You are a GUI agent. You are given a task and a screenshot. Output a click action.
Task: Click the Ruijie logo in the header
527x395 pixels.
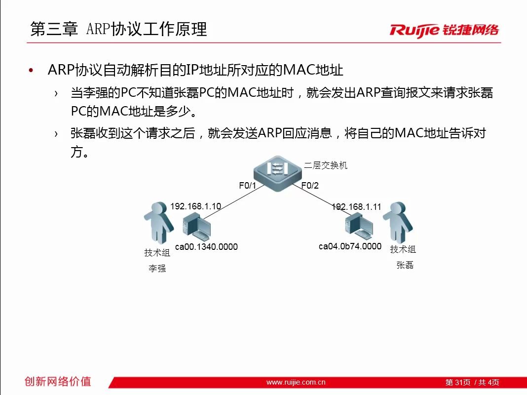click(444, 30)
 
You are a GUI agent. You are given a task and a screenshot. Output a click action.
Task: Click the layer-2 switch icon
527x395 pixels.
click(278, 173)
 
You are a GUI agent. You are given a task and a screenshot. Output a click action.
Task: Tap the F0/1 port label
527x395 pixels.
click(247, 186)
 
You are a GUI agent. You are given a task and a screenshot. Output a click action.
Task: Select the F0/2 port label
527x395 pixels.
click(310, 186)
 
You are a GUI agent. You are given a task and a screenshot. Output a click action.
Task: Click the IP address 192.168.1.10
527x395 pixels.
click(195, 206)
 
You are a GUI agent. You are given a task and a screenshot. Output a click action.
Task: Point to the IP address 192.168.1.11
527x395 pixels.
click(356, 207)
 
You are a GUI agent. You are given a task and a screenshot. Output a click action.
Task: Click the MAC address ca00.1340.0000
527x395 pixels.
click(206, 247)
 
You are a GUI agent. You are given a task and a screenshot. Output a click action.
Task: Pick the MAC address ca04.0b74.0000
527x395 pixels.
click(350, 246)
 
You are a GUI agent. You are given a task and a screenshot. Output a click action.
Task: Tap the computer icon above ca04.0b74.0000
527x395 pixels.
click(359, 227)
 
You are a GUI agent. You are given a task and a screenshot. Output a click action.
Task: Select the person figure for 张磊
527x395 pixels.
click(398, 222)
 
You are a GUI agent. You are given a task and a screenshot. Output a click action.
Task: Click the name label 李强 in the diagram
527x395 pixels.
click(157, 268)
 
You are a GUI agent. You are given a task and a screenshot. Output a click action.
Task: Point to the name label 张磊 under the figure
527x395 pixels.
click(405, 265)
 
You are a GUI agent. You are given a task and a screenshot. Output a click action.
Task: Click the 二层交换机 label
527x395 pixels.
click(325, 165)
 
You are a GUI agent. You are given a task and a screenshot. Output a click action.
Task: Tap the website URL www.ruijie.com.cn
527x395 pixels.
click(296, 382)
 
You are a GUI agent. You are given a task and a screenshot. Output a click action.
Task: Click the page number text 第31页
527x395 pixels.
click(458, 382)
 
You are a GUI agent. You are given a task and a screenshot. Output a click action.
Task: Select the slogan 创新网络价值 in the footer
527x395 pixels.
click(58, 381)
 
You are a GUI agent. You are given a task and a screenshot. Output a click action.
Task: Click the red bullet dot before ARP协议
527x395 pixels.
click(31, 70)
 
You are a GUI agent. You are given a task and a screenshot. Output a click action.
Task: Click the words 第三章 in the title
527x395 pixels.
click(54, 29)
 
